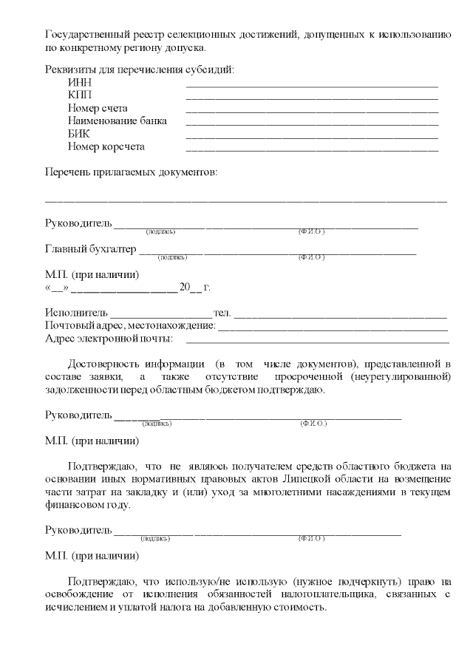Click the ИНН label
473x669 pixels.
pyautogui.click(x=79, y=84)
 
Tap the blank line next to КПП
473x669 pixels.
pyautogui.click(x=312, y=98)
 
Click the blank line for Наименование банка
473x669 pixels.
pyautogui.click(x=312, y=123)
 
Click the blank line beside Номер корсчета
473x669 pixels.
pyautogui.click(x=312, y=149)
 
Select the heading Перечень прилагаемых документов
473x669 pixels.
pyautogui.click(x=132, y=172)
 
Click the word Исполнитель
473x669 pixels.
pyautogui.click(x=76, y=313)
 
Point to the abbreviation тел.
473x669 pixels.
pyautogui.click(x=222, y=313)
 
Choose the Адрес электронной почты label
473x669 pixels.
pyautogui.click(x=109, y=339)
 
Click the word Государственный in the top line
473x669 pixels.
pyautogui.click(x=84, y=35)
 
